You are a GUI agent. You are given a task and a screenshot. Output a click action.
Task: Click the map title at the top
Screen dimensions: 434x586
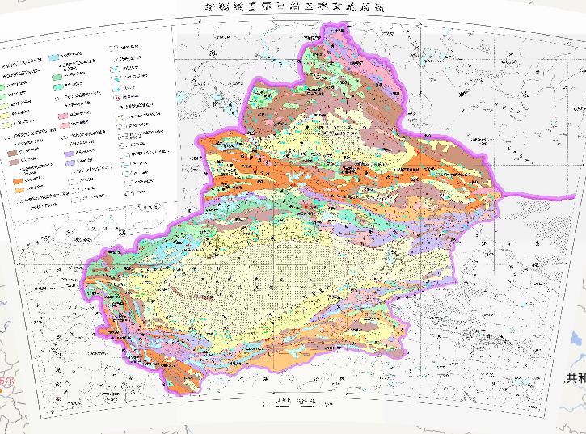(293, 7)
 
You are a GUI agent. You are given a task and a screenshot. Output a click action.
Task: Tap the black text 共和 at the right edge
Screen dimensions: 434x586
(574, 377)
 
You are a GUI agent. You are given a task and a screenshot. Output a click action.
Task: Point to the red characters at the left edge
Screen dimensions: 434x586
(7, 381)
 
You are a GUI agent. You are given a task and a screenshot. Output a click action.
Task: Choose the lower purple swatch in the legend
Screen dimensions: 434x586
(71, 162)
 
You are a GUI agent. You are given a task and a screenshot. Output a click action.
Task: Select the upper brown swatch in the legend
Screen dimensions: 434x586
(14, 151)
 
